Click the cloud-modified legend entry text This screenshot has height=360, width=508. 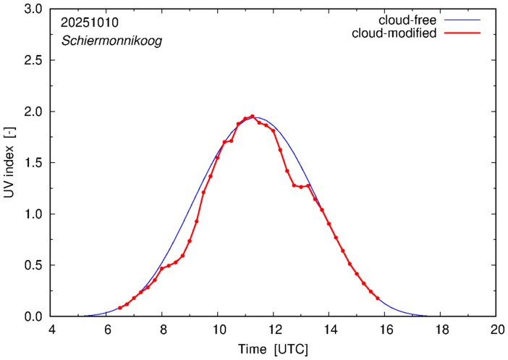pos(394,34)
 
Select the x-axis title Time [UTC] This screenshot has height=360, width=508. pos(273,349)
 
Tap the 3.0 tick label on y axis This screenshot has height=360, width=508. pos(33,10)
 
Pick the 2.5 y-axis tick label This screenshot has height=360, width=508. pos(33,61)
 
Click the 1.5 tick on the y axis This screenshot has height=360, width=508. pos(33,163)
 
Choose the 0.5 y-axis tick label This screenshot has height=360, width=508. pos(33,265)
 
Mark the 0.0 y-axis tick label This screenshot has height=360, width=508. pos(33,317)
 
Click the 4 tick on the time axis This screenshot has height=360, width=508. pos(51,330)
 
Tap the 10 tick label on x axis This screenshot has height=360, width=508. pos(217,330)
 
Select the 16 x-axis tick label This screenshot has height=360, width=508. pos(384,330)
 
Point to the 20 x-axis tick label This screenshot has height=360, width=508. pos(496,330)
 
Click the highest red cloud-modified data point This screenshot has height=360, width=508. pos(252,117)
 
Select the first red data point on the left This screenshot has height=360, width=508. pos(119,308)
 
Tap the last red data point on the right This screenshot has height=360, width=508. pos(378,298)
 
